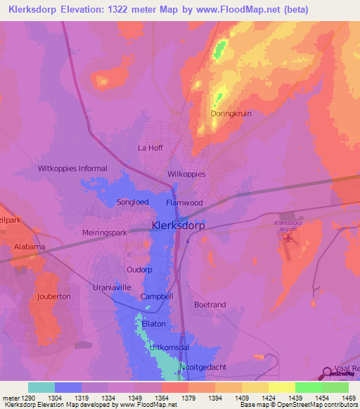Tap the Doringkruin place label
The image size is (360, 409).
pos(231,113)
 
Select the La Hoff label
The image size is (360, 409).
pos(150,148)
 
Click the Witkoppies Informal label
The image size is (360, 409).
pos(72,169)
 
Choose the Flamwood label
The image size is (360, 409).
pos(184,203)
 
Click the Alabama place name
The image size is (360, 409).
pos(29,247)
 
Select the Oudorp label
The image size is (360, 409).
pos(139,270)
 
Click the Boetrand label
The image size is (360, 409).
pos(210,304)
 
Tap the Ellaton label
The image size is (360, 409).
pos(153,323)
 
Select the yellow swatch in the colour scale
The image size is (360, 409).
pos(281,387)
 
